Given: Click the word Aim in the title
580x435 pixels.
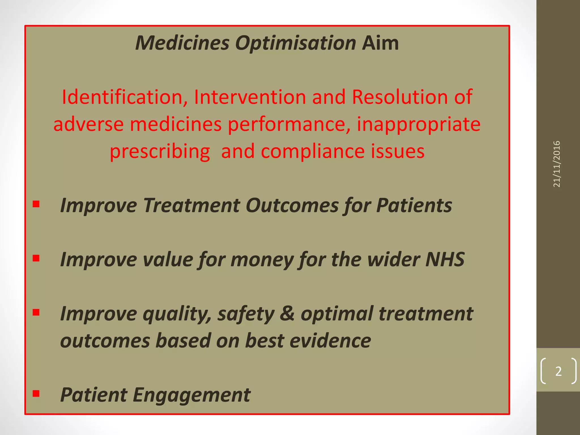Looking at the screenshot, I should point(380,43).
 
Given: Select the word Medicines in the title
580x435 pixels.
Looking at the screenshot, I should point(182,43).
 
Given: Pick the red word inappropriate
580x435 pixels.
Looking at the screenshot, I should point(418,125).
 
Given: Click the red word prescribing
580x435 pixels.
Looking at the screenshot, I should point(160,152).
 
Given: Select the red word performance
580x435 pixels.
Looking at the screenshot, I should point(289,125).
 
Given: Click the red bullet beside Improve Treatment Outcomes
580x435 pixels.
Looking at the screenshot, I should point(36,204).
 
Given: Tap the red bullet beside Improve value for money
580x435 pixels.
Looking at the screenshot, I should point(36,258).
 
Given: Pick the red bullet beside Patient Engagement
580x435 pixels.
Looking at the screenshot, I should point(36,393).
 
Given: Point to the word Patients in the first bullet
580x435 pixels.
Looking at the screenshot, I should point(414,205).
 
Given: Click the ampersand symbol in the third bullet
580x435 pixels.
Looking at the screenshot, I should point(287,314).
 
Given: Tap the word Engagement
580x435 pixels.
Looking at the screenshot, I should point(191,395).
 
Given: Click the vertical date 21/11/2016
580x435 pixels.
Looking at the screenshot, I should point(556,164).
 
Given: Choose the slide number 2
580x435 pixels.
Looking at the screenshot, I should point(558,371).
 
